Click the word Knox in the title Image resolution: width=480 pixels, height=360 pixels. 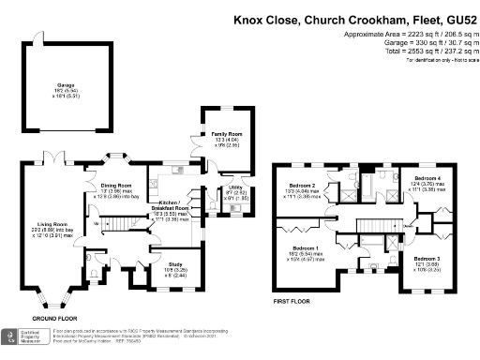247,18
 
